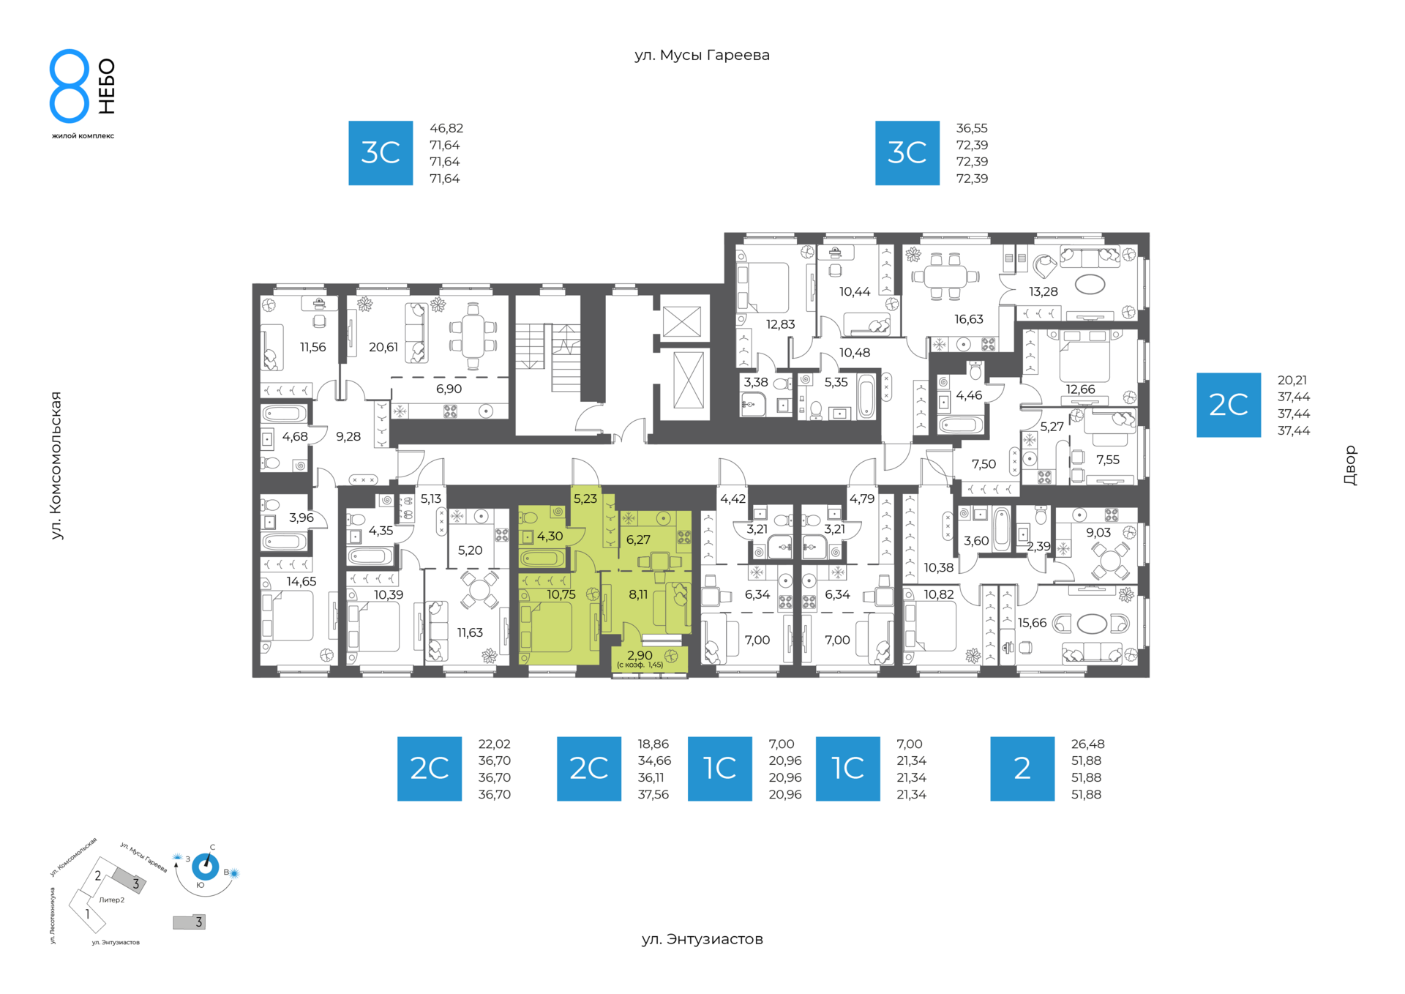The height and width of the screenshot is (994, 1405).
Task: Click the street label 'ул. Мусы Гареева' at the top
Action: pyautogui.click(x=702, y=56)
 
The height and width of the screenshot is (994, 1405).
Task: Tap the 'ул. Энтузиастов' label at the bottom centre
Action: pyautogui.click(x=702, y=939)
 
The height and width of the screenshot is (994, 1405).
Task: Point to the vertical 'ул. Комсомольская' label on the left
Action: pyautogui.click(x=56, y=466)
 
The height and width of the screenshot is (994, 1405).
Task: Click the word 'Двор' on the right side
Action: pyautogui.click(x=1350, y=466)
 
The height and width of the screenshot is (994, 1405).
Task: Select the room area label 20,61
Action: pyautogui.click(x=383, y=347)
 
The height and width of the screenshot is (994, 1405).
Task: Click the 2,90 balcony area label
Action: pyautogui.click(x=640, y=656)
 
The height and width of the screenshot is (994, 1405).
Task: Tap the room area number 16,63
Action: pyautogui.click(x=969, y=319)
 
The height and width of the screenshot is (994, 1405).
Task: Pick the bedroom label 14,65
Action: pyautogui.click(x=301, y=582)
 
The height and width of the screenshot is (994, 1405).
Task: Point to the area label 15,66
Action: pyautogui.click(x=1032, y=623)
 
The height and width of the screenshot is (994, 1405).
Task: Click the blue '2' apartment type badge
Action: pyautogui.click(x=1022, y=769)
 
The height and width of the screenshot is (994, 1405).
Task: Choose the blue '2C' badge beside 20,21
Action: pyautogui.click(x=1229, y=405)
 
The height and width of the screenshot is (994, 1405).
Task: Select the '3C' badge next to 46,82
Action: pyautogui.click(x=381, y=153)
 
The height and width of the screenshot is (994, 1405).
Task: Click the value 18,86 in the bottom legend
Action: pyautogui.click(x=653, y=744)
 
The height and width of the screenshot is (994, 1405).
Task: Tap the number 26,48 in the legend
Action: pyautogui.click(x=1087, y=744)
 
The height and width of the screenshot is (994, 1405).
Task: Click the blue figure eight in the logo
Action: pyautogui.click(x=70, y=86)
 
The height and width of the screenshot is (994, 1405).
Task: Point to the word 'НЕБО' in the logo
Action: pyautogui.click(x=107, y=86)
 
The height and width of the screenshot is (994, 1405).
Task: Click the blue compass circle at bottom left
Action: pyautogui.click(x=206, y=867)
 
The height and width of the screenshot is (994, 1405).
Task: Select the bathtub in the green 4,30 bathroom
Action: pyautogui.click(x=542, y=560)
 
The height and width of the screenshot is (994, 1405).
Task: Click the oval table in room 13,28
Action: pyautogui.click(x=1090, y=284)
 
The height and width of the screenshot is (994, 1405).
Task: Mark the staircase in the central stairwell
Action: pyautogui.click(x=548, y=358)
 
